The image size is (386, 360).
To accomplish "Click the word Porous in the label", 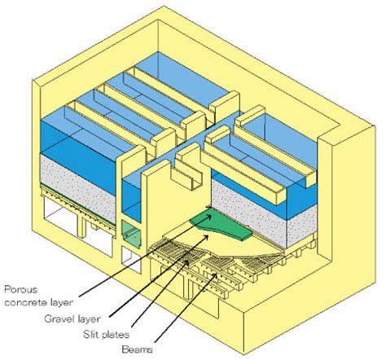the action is pyautogui.click(x=21, y=290).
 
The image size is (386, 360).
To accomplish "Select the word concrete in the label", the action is pyautogui.click(x=26, y=302).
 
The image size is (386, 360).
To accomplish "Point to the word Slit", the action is pyautogui.click(x=90, y=334).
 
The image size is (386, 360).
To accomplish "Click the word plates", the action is pyautogui.click(x=114, y=335).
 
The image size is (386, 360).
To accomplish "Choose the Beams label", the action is pyautogui.click(x=137, y=349).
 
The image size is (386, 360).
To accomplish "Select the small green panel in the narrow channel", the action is pyautogui.click(x=131, y=233).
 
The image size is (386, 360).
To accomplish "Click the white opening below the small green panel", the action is pyautogui.click(x=131, y=258).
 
